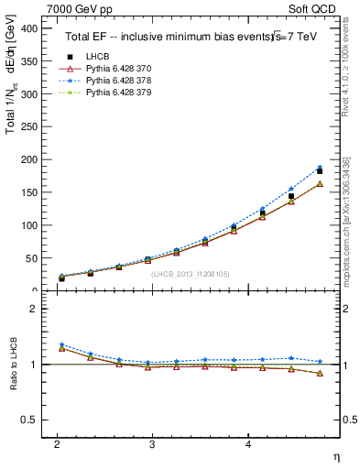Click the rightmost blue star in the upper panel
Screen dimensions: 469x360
[x=320, y=168]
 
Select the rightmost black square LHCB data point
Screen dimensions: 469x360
[x=320, y=171]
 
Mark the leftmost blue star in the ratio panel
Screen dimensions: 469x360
[x=61, y=344]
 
